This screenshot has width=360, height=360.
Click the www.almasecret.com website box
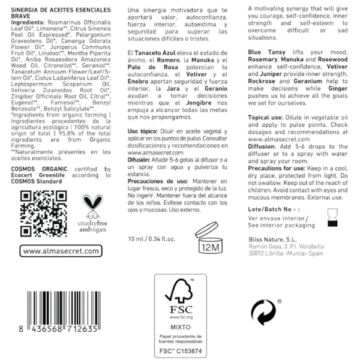pos(60,251)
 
